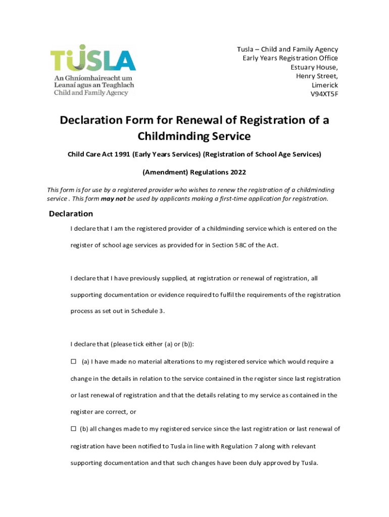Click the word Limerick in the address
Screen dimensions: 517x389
click(325, 85)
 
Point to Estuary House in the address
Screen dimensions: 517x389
click(314, 67)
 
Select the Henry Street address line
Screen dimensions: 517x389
click(317, 76)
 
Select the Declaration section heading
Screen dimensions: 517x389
click(71, 214)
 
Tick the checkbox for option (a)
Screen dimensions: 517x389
click(73, 362)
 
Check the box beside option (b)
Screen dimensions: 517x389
click(73, 429)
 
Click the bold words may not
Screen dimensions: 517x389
click(114, 198)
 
